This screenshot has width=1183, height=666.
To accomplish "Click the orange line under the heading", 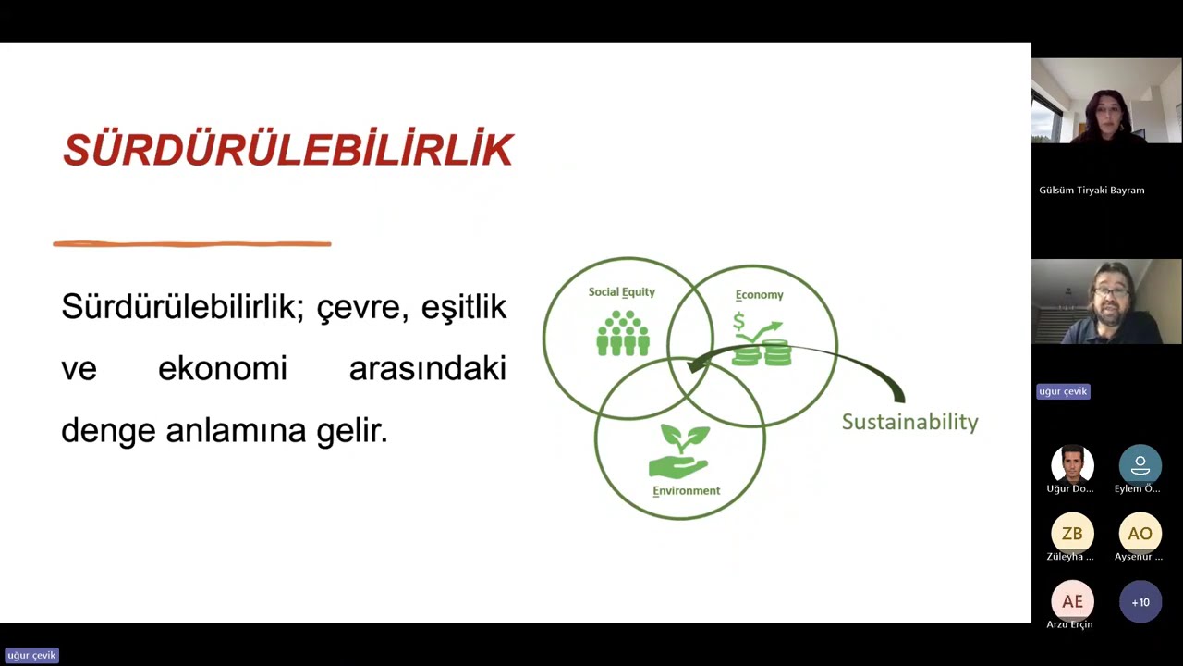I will (192, 244).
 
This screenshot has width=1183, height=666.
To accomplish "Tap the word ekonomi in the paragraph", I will (223, 369).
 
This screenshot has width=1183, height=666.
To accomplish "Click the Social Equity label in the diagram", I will (621, 292).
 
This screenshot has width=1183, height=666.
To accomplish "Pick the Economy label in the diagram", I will (759, 295).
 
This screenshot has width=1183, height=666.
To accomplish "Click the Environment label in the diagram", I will (686, 491).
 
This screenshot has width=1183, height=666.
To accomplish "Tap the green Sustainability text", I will (909, 422).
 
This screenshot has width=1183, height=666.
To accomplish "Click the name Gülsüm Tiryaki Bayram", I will (1092, 191).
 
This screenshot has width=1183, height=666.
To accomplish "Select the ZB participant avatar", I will (1072, 534).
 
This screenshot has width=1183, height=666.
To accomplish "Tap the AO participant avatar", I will (1140, 534).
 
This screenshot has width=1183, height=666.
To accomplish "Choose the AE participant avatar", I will (1072, 601).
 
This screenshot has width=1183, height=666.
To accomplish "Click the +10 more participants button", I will (1140, 602).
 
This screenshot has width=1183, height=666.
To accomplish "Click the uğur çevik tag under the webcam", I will (1063, 391).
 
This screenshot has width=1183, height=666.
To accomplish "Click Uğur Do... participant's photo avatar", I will (1072, 464).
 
